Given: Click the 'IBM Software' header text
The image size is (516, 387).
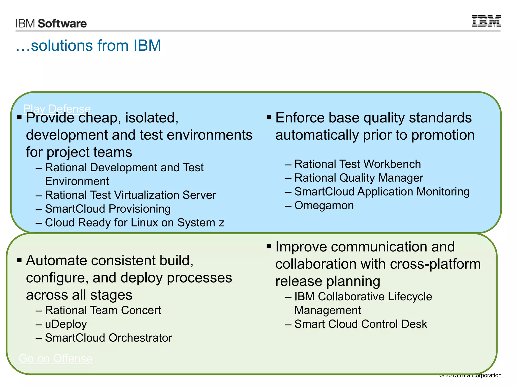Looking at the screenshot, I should coord(51,23).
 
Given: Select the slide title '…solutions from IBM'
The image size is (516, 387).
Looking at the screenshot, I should coord(88,46).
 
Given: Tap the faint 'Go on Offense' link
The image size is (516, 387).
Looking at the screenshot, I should coord(56,358).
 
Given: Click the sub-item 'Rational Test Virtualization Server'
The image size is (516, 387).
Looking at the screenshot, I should coord(130,195).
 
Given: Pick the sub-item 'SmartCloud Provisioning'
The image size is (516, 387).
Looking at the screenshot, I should coord(108,209).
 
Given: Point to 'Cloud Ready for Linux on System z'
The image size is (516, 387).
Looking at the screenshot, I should coord(134,223).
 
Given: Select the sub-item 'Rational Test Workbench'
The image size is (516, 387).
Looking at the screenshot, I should coord(357,164).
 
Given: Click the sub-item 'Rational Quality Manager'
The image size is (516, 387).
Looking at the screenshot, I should coord(359,178).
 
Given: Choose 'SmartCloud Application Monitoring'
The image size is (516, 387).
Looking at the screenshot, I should coord(382,192).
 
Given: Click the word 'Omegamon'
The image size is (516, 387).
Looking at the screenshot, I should coord(324,205).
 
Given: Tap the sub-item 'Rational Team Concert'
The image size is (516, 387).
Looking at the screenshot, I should coord(103,310).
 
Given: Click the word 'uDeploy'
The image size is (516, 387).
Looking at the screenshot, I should coord(66,324).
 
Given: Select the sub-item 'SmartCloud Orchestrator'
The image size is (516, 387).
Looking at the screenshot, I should coord(108,338).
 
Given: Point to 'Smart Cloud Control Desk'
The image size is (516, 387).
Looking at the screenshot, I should coord(361,324).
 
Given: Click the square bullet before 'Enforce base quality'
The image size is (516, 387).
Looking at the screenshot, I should coord(269,117).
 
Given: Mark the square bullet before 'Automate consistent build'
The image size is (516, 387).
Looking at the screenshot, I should coord(19,260).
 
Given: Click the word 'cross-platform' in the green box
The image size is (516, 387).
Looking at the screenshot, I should coord(435,264).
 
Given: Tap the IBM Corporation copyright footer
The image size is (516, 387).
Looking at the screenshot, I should coord(470,375).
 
